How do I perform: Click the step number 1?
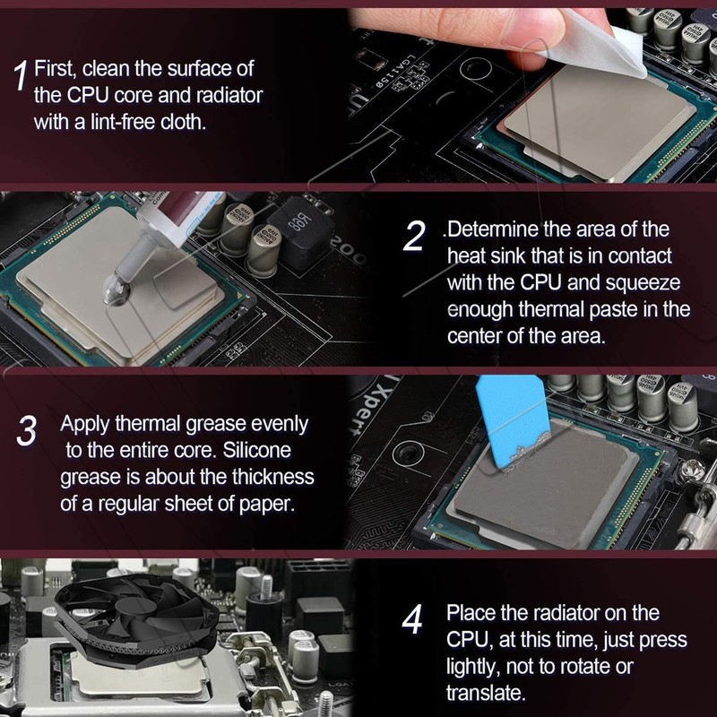(x=21, y=75)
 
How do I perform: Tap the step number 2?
(x=413, y=237)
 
